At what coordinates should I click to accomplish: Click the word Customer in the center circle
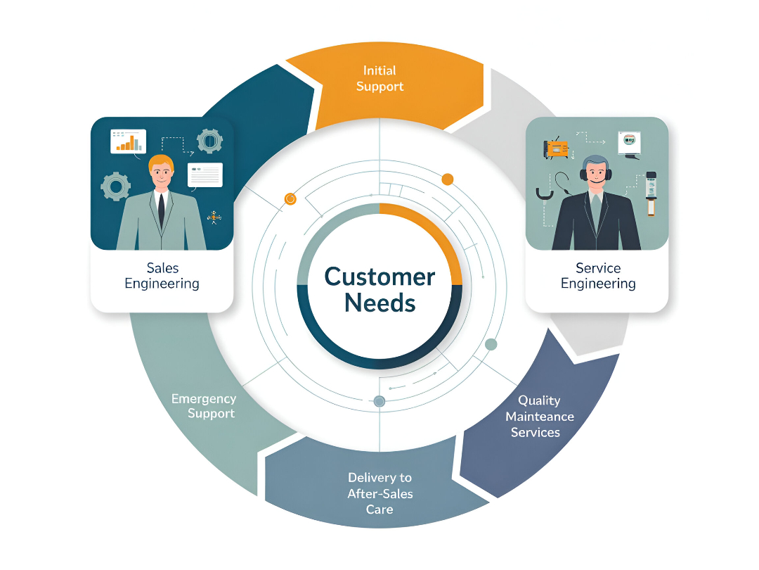coord(379,276)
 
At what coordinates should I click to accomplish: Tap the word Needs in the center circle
coord(379,303)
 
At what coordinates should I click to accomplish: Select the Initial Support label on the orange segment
coord(379,78)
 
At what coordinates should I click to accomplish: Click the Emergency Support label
coord(204,406)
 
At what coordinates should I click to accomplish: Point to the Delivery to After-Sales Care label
coord(379,493)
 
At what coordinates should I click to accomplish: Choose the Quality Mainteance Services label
coord(539,416)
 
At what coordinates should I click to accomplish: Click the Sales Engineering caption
coord(162,276)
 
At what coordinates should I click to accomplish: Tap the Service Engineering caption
coord(598,276)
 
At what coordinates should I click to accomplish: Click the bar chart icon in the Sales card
coord(127,141)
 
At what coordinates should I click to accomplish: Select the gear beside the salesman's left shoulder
coord(116,186)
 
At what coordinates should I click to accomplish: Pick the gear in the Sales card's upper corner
coord(209,141)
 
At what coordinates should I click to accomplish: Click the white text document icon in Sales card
coord(205,175)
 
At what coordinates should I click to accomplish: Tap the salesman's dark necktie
coord(161,209)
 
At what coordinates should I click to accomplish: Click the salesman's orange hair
coord(161,162)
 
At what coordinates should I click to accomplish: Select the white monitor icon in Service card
coord(628,143)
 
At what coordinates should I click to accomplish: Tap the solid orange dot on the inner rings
coord(448,179)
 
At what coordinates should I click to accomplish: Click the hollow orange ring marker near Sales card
coord(290,199)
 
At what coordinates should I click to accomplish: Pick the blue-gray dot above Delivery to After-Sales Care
coord(379,401)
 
